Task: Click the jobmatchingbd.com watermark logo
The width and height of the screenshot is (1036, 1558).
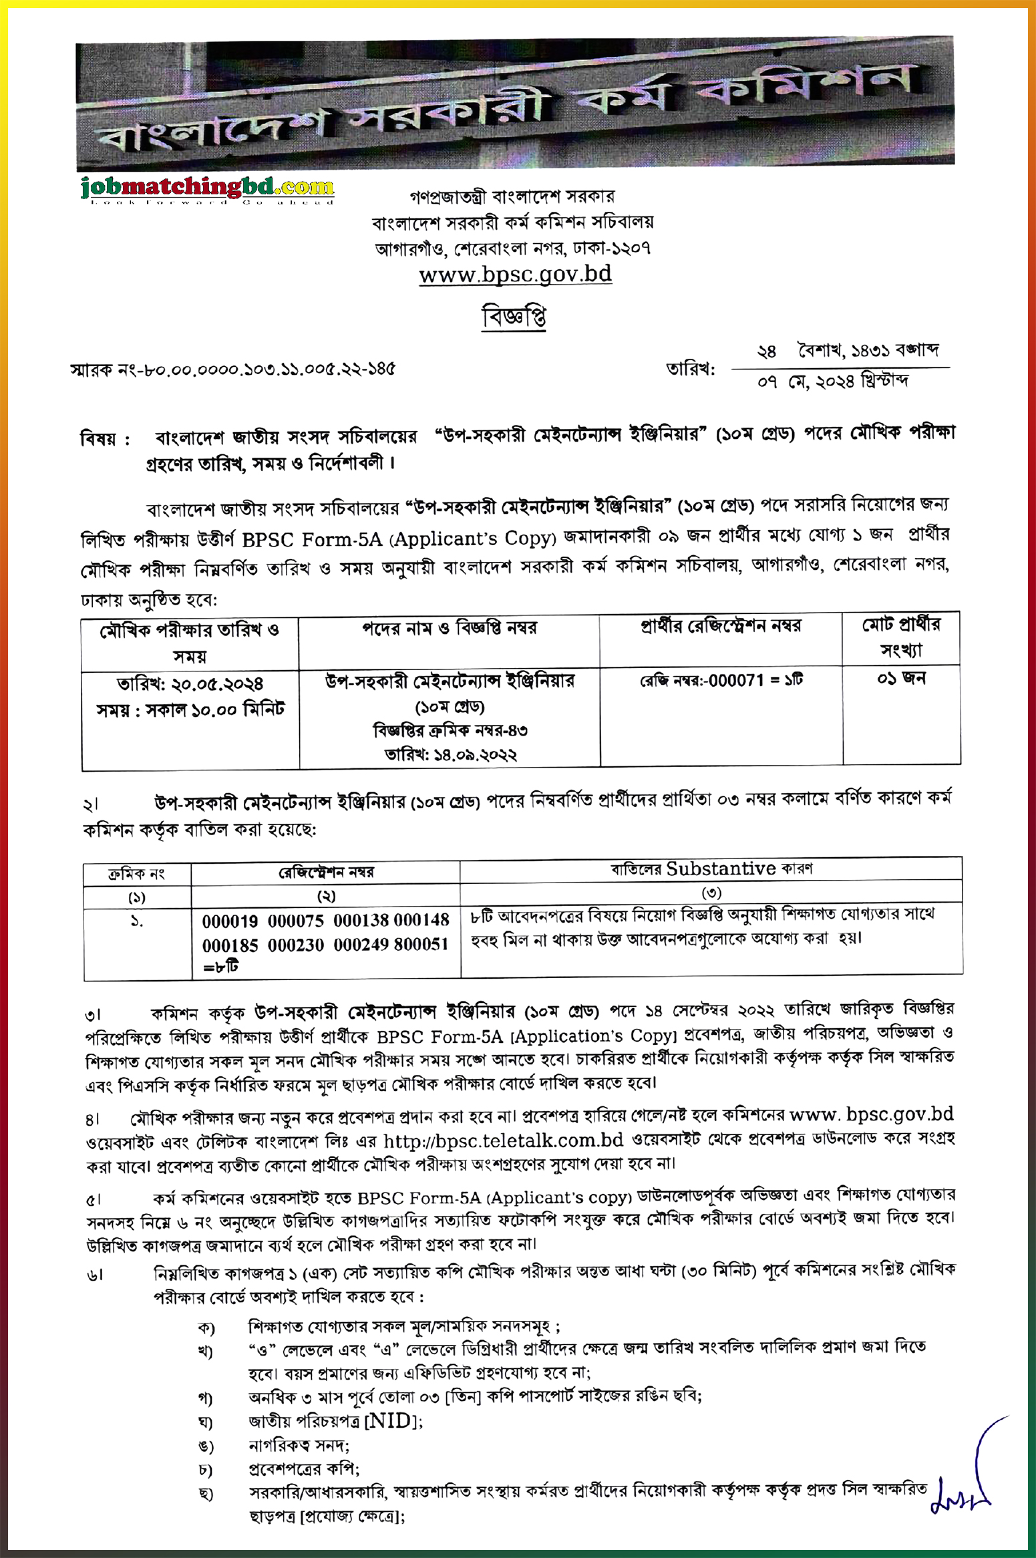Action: tap(207, 189)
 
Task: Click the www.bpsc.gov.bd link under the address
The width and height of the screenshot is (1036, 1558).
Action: tap(515, 275)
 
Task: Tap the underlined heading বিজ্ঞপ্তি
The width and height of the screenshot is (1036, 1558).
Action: tap(514, 317)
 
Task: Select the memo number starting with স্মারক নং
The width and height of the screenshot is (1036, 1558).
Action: tap(233, 369)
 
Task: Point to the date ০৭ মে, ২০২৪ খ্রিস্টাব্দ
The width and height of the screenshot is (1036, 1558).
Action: tap(832, 381)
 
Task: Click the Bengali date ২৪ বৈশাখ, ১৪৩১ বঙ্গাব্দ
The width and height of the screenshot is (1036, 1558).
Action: tap(847, 351)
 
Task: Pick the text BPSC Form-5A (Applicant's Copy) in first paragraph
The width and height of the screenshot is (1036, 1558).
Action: tap(399, 538)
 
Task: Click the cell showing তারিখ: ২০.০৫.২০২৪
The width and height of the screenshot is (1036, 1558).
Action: tap(190, 684)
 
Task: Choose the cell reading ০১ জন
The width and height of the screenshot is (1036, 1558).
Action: tap(901, 679)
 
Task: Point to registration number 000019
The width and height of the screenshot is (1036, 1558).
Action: tap(230, 921)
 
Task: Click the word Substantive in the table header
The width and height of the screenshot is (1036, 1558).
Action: tap(721, 869)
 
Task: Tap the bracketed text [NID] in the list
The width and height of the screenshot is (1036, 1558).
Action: tap(393, 1420)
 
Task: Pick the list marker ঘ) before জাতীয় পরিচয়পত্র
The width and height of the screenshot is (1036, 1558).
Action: tap(205, 1422)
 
